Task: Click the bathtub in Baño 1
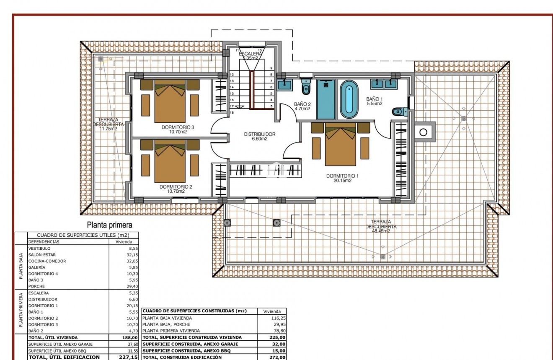[349, 100]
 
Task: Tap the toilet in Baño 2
[306, 87]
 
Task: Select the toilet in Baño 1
[399, 111]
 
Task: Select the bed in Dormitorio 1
[340, 145]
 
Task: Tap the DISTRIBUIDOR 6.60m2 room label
[260, 137]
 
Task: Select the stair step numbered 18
[232, 113]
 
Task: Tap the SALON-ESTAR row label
[42, 255]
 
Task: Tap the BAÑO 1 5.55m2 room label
[374, 101]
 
